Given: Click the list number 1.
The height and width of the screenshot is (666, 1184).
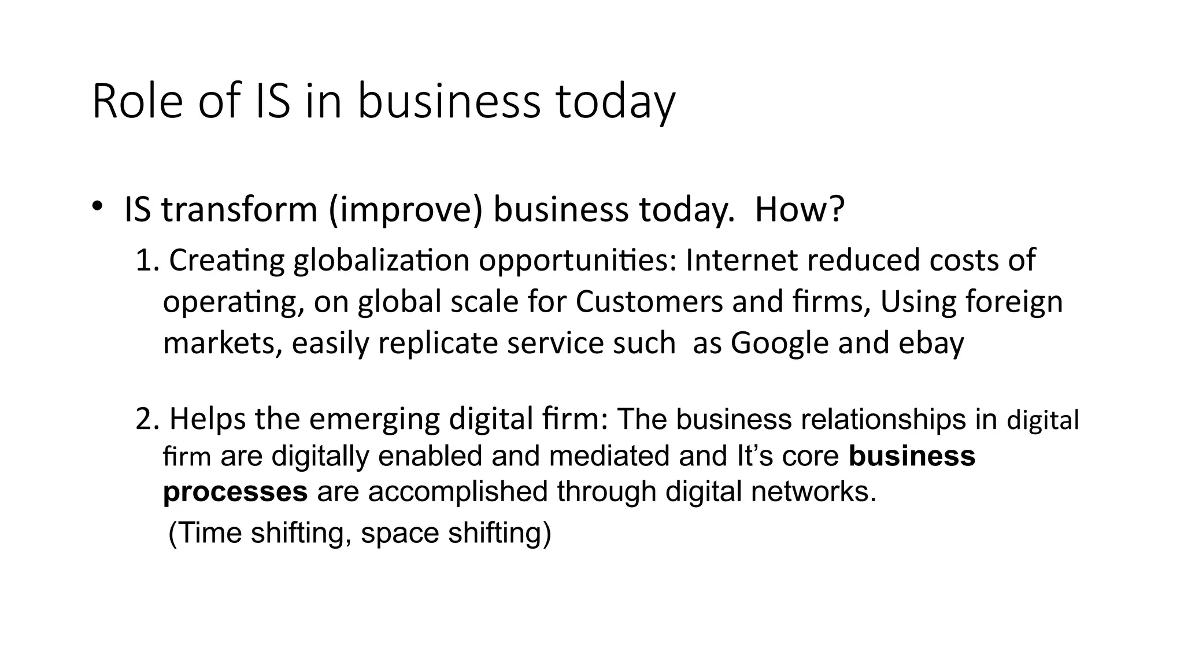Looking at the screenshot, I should click(146, 261).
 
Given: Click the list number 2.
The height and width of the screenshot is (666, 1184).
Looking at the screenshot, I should click(147, 419).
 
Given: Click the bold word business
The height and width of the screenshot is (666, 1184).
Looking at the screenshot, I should click(912, 456).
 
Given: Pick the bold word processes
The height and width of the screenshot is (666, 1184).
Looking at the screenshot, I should click(235, 492).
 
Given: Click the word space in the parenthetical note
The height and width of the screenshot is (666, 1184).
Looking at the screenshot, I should click(399, 533).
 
